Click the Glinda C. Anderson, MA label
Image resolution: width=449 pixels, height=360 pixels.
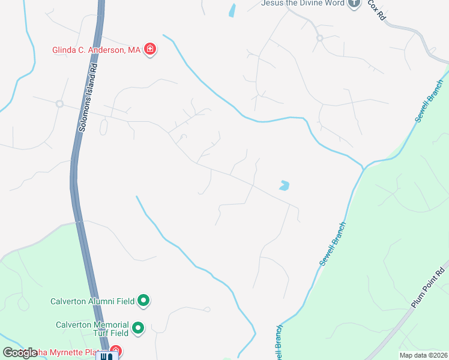pos(96,50)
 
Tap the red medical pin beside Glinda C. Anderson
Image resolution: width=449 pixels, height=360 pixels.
pos(150,50)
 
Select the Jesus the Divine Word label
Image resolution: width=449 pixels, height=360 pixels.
pos(303,3)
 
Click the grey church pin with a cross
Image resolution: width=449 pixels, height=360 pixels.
pos(355,3)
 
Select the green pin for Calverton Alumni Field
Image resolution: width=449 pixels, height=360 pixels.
pos(143,300)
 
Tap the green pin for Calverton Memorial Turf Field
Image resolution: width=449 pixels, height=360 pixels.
pos(138,328)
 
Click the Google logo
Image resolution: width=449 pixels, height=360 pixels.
pos(19,353)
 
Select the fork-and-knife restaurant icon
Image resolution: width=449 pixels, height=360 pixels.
pos(106,356)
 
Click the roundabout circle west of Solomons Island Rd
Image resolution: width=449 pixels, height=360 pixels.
pos(59,104)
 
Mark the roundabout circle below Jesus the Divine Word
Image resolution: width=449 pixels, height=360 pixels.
pos(320,38)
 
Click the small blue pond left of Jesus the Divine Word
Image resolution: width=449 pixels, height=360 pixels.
pos(232,10)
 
